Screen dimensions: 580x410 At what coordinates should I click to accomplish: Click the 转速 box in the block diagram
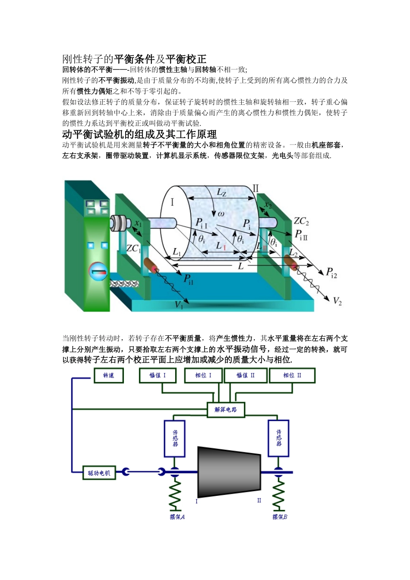pyautogui.click(x=109, y=375)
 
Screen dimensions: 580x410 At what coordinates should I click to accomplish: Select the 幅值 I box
pyautogui.click(x=158, y=375)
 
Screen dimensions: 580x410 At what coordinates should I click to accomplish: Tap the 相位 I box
pyautogui.click(x=203, y=375)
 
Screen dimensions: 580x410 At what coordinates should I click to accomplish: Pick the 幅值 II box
pyautogui.click(x=245, y=375)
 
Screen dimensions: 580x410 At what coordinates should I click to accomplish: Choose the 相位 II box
pyautogui.click(x=292, y=375)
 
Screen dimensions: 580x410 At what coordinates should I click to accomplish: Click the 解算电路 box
pyautogui.click(x=226, y=409)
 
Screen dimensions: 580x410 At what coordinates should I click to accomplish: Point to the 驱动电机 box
pyautogui.click(x=99, y=473)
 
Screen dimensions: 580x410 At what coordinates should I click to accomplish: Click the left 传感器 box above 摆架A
pyautogui.click(x=175, y=438)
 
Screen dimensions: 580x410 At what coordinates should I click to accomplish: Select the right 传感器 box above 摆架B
pyautogui.click(x=278, y=438)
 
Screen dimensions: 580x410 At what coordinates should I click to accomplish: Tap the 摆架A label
pyautogui.click(x=177, y=517)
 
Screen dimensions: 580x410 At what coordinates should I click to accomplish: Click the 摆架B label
pyautogui.click(x=280, y=517)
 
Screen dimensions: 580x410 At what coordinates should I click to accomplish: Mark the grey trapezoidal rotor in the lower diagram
pyautogui.click(x=228, y=473)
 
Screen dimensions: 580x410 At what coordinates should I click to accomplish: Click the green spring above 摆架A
pyautogui.click(x=175, y=494)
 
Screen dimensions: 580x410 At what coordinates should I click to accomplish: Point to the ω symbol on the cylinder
pyautogui.click(x=221, y=213)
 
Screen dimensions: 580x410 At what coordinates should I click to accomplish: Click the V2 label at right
pyautogui.click(x=337, y=301)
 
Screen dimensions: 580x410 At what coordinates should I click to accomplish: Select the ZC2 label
pyautogui.click(x=301, y=221)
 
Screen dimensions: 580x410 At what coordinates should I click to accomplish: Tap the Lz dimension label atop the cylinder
pyautogui.click(x=221, y=192)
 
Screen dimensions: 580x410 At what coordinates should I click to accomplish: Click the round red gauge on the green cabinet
pyautogui.click(x=98, y=271)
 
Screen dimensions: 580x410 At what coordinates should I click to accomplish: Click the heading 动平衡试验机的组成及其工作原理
pyautogui.click(x=139, y=134)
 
